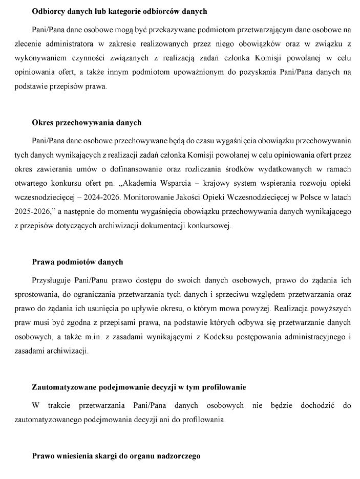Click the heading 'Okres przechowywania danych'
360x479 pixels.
[87, 123]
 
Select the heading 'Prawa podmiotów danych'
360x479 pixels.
[77, 262]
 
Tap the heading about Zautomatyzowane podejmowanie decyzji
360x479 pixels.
[139, 387]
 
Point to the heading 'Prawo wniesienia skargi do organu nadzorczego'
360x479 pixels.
[116, 455]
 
